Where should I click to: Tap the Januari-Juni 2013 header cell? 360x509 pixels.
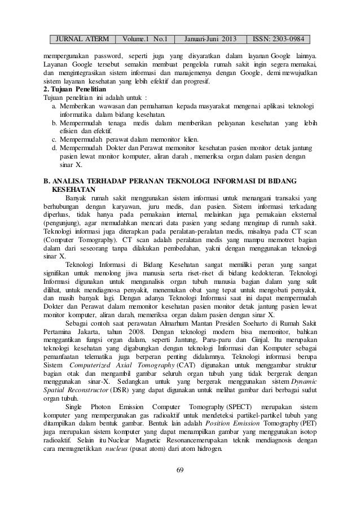pos(212,40)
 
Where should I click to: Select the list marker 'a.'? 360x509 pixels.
pos(54,106)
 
